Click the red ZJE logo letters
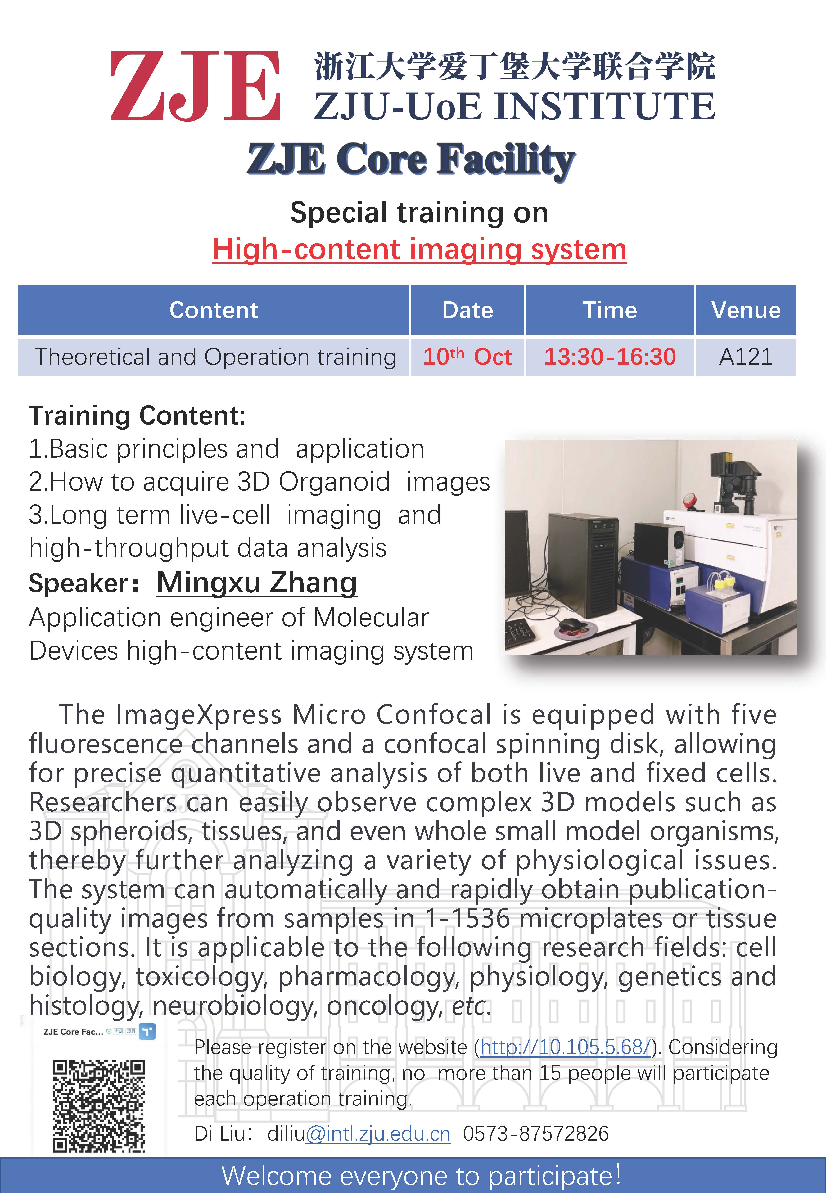click(195, 86)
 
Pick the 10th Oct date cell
click(467, 357)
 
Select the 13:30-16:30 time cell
click(610, 357)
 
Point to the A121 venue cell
click(746, 357)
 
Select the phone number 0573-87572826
click(536, 1134)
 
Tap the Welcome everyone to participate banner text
click(421, 1176)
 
